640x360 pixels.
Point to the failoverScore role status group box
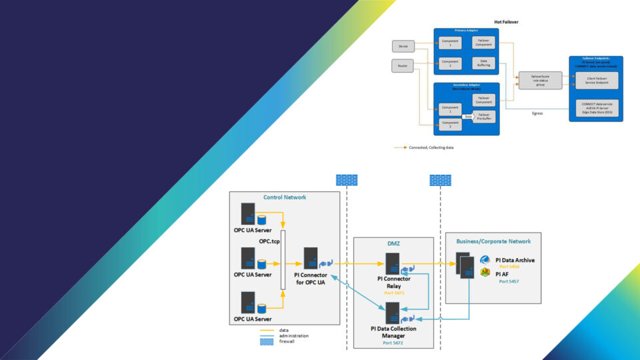[539, 80]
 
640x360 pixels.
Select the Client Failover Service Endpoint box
[596, 81]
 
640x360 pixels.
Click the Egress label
[537, 113]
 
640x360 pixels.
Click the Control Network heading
[285, 198]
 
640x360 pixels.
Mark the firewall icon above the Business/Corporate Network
[440, 179]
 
